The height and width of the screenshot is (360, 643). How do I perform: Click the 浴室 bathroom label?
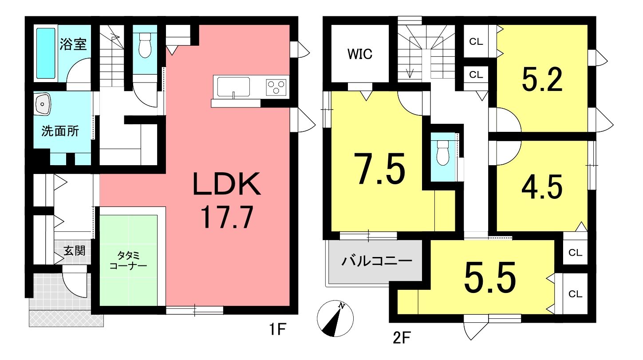(x=73, y=44)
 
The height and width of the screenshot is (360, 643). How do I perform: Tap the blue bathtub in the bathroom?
(x=46, y=53)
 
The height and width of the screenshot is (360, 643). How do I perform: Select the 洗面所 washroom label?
(x=60, y=131)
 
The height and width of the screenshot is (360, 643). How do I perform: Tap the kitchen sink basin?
(x=233, y=87)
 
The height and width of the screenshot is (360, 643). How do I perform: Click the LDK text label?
(x=227, y=184)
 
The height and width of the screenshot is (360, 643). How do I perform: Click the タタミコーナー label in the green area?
(x=128, y=260)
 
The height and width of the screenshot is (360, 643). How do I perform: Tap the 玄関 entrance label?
(x=75, y=251)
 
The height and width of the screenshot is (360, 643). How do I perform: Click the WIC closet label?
(x=360, y=54)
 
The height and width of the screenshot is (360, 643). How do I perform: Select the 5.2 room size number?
(x=542, y=79)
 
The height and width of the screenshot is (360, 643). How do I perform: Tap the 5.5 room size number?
(x=490, y=277)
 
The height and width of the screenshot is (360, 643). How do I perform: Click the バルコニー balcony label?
(x=377, y=261)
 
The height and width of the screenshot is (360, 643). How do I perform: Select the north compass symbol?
(x=335, y=318)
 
